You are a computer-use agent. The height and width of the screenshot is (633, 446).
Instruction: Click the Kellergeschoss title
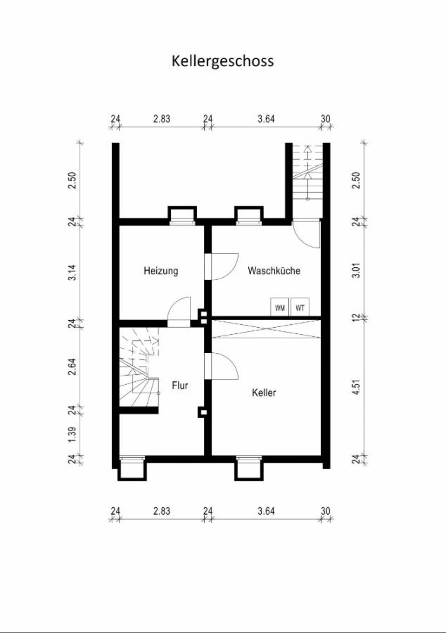click(x=223, y=61)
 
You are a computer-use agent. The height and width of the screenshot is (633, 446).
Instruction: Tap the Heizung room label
click(x=160, y=271)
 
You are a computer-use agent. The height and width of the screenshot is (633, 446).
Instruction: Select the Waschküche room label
click(x=274, y=270)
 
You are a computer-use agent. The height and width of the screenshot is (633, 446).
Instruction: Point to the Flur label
click(x=180, y=385)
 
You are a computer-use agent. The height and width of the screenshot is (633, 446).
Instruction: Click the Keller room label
click(x=264, y=392)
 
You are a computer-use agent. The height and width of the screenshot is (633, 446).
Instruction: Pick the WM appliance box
click(x=280, y=307)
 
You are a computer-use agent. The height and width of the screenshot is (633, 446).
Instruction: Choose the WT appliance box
click(x=300, y=307)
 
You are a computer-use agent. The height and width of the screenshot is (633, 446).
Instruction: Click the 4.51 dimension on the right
click(x=356, y=387)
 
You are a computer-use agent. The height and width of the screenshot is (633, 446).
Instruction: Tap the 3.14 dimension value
click(x=72, y=273)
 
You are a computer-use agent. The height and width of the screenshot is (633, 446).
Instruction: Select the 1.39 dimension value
click(x=72, y=435)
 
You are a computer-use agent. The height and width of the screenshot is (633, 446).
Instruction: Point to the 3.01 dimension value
click(x=356, y=269)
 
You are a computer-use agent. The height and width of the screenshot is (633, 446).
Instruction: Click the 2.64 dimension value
click(x=72, y=367)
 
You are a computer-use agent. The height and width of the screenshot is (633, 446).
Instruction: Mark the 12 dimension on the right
click(x=356, y=318)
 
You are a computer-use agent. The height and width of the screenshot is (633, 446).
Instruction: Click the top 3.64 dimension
click(x=267, y=119)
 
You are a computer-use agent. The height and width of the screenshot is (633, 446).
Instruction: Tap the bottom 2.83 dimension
click(x=162, y=511)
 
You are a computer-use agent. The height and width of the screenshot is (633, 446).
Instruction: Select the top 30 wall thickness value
click(x=325, y=119)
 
